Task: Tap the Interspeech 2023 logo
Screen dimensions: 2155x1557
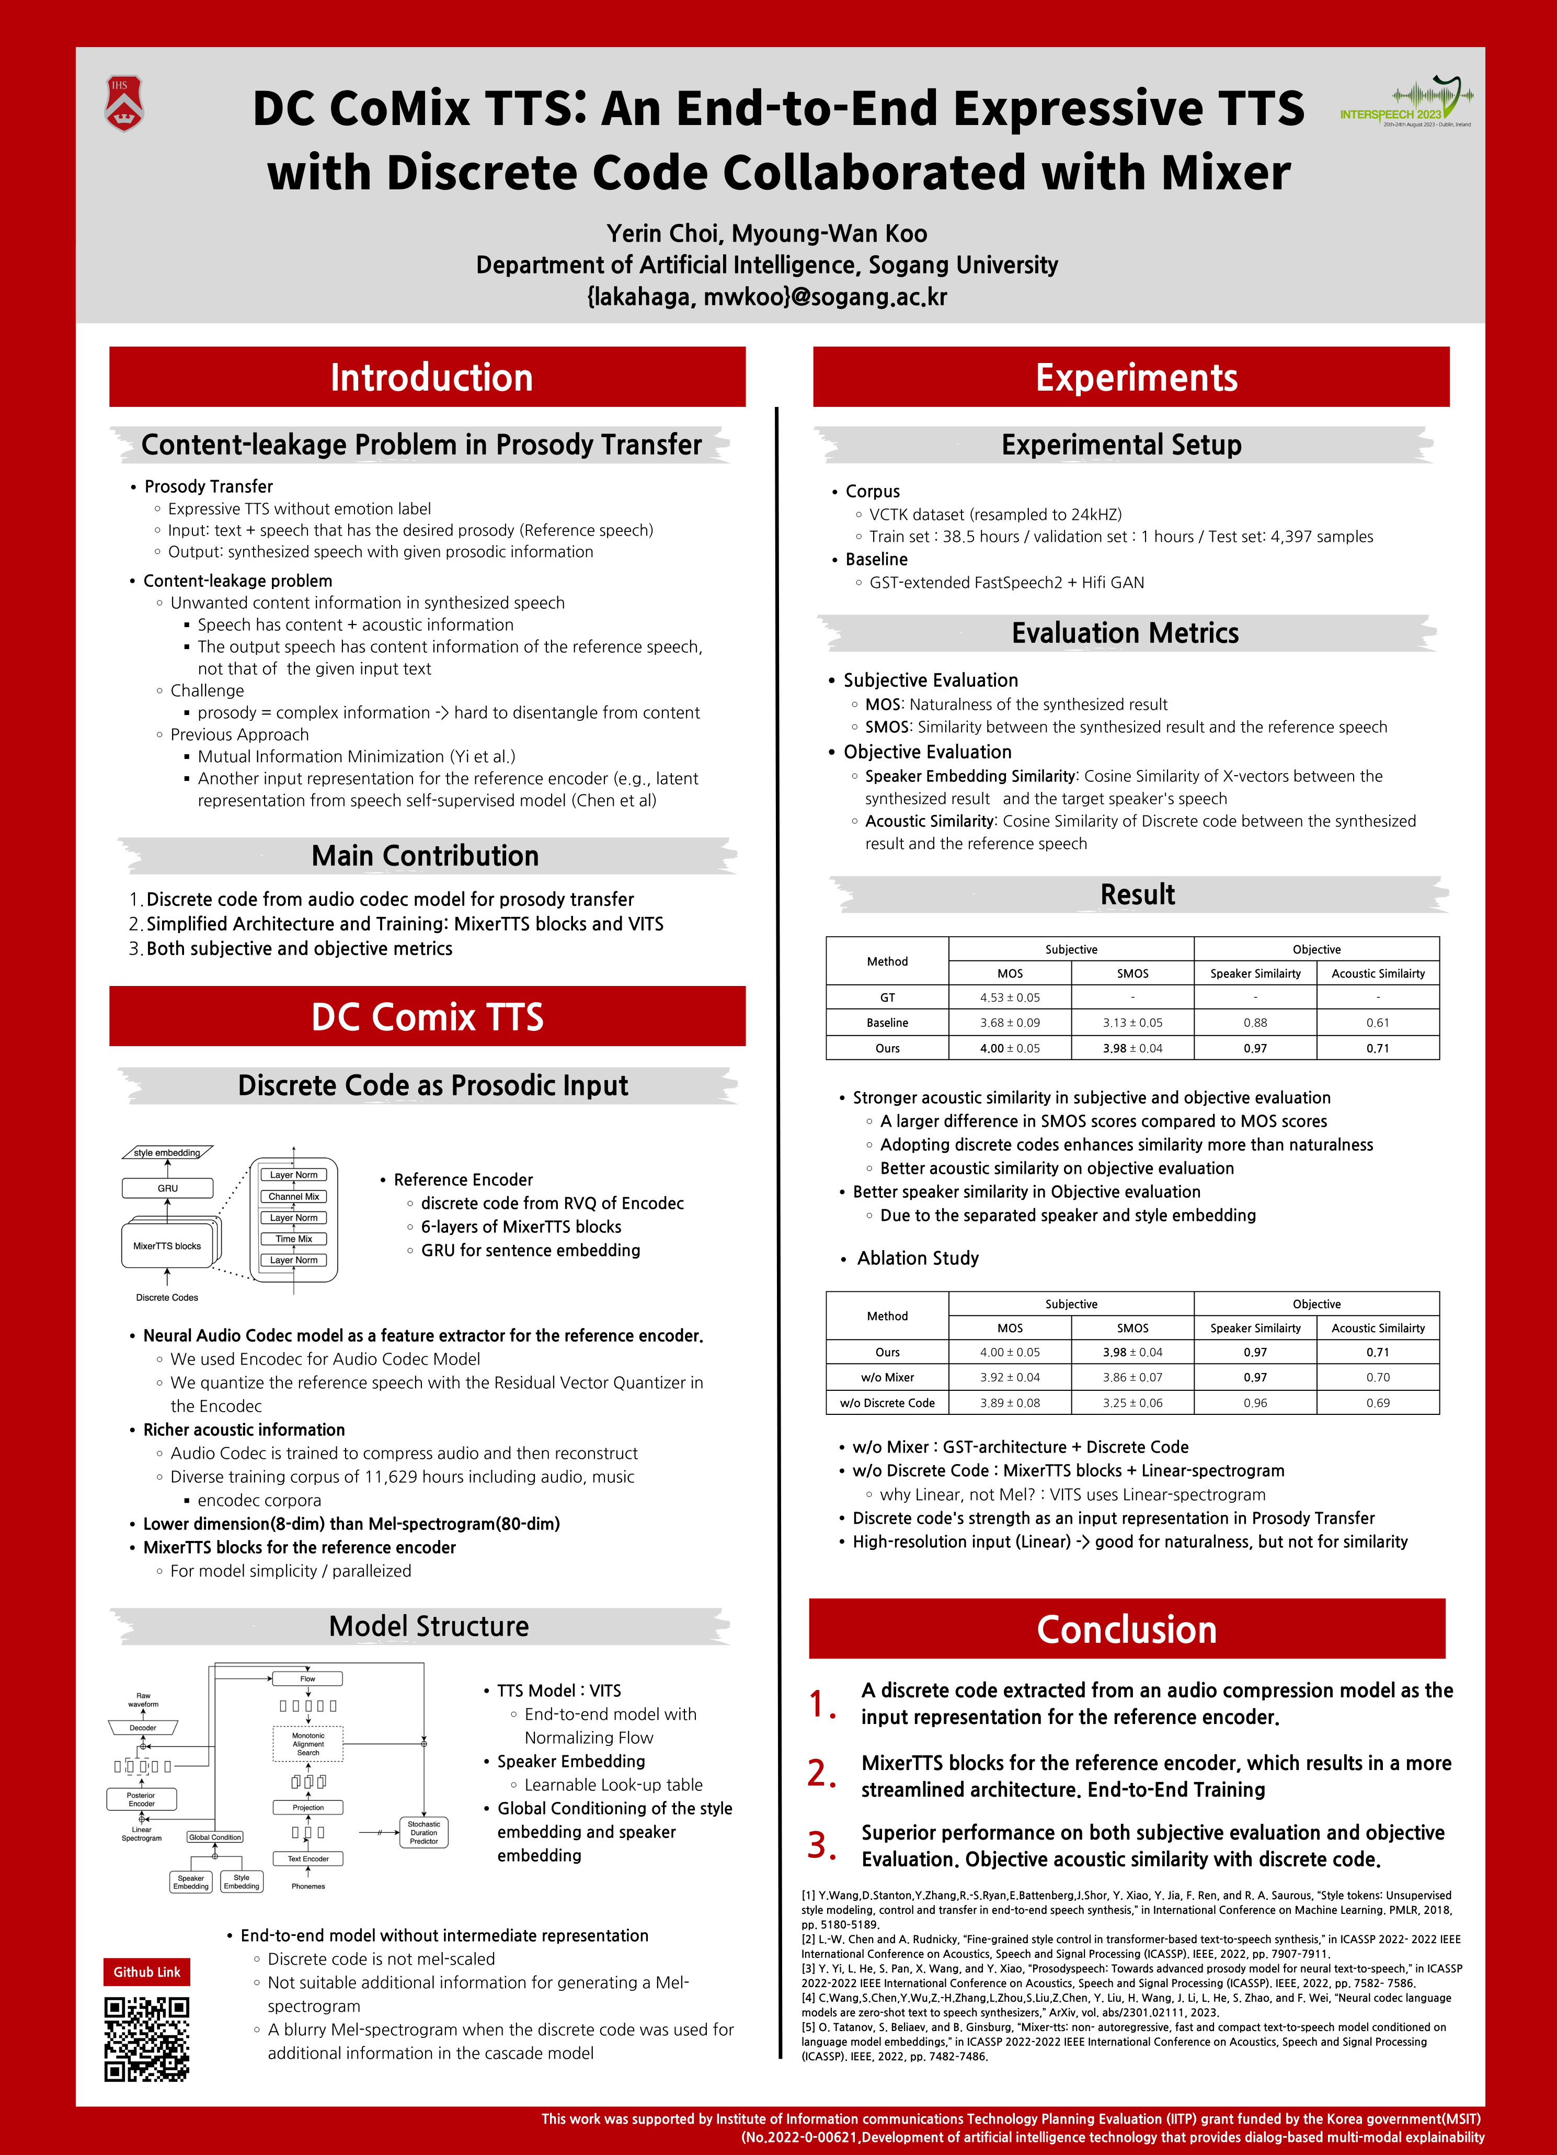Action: coord(1406,103)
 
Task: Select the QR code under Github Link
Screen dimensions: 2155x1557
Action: coord(146,2039)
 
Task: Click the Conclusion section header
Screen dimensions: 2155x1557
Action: coord(1127,1629)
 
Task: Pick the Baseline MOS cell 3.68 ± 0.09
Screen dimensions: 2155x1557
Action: coord(1010,1023)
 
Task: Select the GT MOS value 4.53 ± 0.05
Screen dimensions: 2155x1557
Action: coord(1010,997)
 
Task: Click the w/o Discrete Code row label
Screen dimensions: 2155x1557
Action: coord(887,1402)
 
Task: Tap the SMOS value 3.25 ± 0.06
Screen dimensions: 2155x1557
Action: coord(1132,1402)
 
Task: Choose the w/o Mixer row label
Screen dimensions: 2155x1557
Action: coord(887,1377)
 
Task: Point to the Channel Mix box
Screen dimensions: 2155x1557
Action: coord(293,1196)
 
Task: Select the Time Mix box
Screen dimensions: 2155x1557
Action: coord(293,1239)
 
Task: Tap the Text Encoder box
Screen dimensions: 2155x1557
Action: coord(308,1858)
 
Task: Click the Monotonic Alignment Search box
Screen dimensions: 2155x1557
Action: coord(308,1744)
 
